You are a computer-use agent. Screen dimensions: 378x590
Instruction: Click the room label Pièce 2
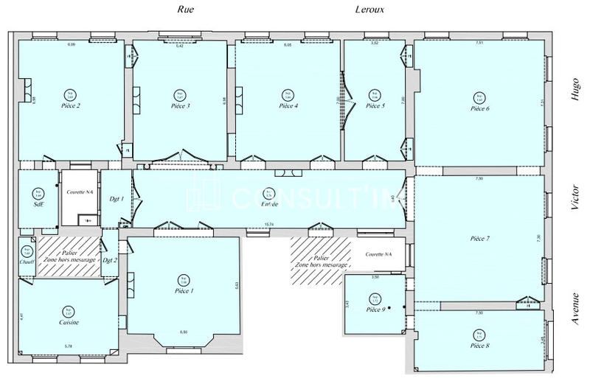point(71,106)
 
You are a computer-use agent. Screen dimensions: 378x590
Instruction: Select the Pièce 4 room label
point(288,106)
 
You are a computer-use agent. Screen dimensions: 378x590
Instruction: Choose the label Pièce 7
point(480,239)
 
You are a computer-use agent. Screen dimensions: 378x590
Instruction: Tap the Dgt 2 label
point(111,259)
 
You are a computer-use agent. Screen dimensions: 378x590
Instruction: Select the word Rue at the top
point(185,10)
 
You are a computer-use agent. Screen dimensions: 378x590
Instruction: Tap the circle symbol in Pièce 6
point(480,97)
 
